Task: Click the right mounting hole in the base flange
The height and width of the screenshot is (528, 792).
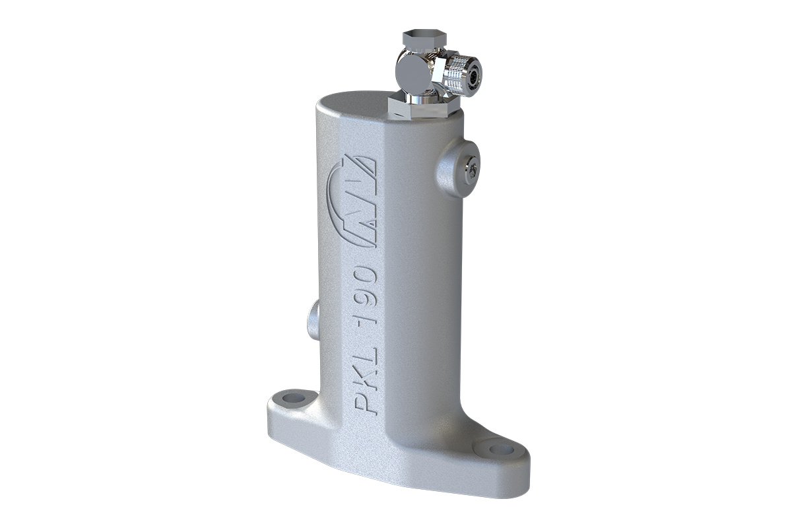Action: (x=501, y=449)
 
